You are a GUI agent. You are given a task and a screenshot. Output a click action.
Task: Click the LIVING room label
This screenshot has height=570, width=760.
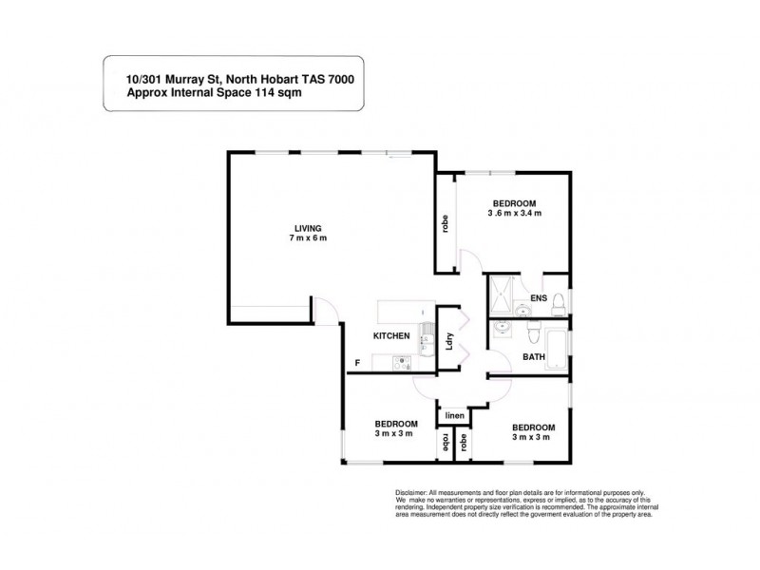(x=308, y=228)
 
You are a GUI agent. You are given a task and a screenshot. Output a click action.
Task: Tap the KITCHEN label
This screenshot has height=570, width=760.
(x=391, y=336)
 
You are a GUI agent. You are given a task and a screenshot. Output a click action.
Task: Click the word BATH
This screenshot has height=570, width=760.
(x=535, y=357)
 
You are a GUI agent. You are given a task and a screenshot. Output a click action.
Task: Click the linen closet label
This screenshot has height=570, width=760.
(x=454, y=415)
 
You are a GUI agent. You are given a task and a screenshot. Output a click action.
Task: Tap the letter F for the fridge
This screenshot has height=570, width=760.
(x=357, y=362)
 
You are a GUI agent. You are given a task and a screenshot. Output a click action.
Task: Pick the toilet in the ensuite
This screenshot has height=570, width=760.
(x=559, y=303)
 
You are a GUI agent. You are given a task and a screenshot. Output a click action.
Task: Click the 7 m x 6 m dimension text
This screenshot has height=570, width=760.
(x=309, y=238)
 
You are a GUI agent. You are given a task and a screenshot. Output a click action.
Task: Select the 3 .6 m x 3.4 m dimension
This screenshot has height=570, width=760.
(x=515, y=214)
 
